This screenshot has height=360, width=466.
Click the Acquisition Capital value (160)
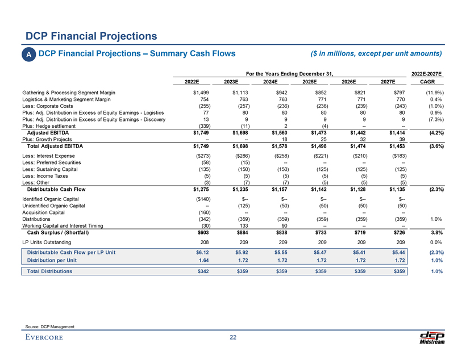point(198,212)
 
